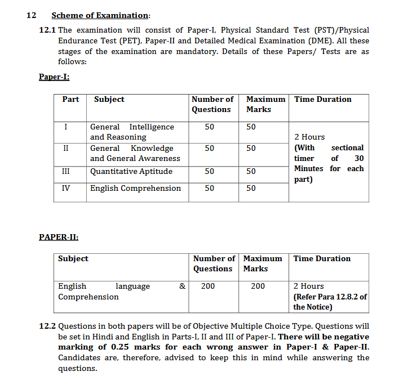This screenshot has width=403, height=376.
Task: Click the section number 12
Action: pyautogui.click(x=32, y=15)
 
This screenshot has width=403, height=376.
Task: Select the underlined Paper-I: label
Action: pyautogui.click(x=54, y=77)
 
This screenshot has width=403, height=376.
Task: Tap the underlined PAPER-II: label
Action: pyautogui.click(x=59, y=237)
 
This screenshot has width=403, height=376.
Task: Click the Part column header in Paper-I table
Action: pyautogui.click(x=70, y=100)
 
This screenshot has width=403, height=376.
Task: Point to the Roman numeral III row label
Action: pyautogui.click(x=66, y=171)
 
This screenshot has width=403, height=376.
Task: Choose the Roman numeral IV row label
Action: pyautogui.click(x=66, y=188)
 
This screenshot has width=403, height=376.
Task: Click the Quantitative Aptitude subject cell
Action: pyautogui.click(x=131, y=171)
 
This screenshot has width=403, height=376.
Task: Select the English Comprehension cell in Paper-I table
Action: pyautogui.click(x=135, y=188)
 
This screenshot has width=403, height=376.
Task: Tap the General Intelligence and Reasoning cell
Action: pyautogui.click(x=132, y=132)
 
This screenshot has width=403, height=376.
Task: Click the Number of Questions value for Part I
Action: pyautogui.click(x=210, y=127)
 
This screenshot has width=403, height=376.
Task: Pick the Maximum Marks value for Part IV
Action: pyautogui.click(x=251, y=188)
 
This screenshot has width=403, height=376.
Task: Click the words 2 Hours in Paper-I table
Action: pyautogui.click(x=309, y=137)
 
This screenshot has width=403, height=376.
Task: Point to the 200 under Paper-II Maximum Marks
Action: pyautogui.click(x=258, y=287)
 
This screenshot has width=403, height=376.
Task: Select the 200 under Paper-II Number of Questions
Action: pyautogui.click(x=208, y=287)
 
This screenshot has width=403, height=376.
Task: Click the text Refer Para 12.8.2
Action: pyautogui.click(x=330, y=297)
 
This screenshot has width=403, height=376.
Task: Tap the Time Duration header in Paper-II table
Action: pyautogui.click(x=322, y=259)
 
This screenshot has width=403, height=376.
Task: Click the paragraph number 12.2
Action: pyautogui.click(x=47, y=326)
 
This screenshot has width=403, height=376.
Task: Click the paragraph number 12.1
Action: pyautogui.click(x=47, y=30)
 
